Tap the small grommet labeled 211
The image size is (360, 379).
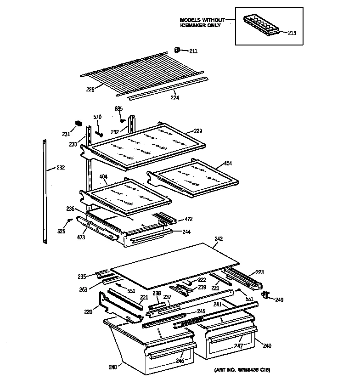[x=177, y=50]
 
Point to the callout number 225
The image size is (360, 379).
[x=90, y=90]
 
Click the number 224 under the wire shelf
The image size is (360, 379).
[x=174, y=98]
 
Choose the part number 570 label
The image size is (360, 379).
[x=97, y=117]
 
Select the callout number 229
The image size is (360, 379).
[x=197, y=131]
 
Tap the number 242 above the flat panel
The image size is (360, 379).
[x=218, y=238]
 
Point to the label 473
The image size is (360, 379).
[x=81, y=238]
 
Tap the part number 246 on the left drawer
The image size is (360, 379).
[x=180, y=361]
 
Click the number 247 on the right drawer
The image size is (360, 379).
[x=238, y=345]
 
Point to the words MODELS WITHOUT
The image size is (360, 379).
[x=202, y=20]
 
